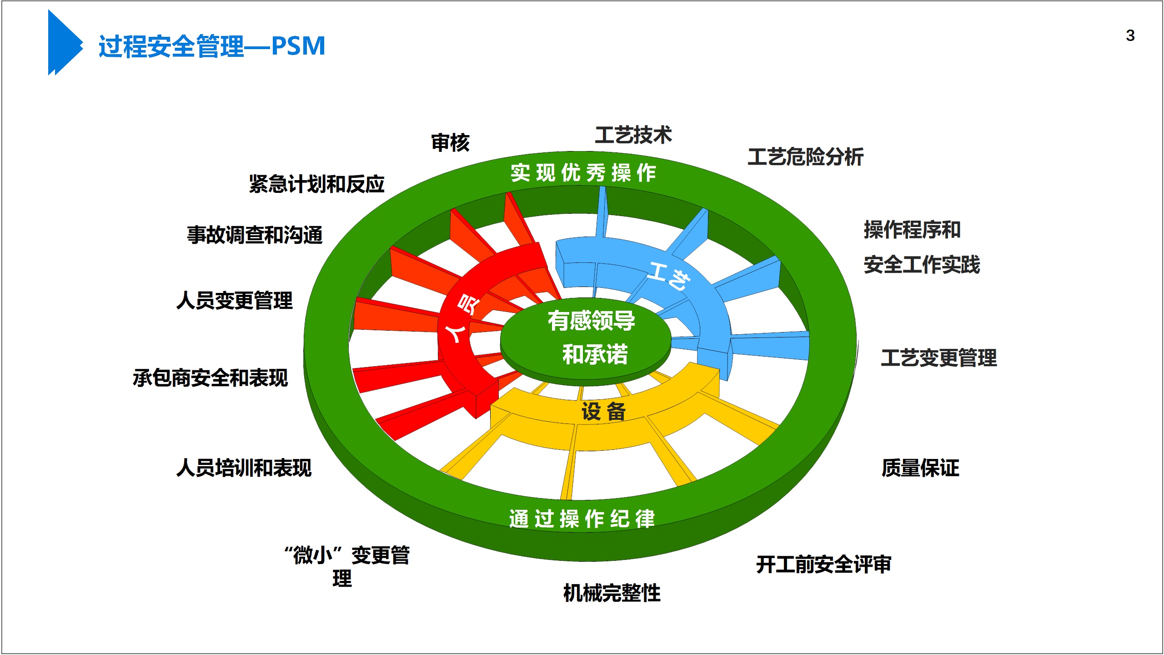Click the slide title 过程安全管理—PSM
click(x=212, y=46)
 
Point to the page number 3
click(x=1130, y=35)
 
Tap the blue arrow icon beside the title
click(x=64, y=43)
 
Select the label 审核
click(x=450, y=143)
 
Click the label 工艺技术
click(x=633, y=135)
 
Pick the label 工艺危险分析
click(x=805, y=157)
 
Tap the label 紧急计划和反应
click(x=316, y=184)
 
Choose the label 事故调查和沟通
click(x=255, y=235)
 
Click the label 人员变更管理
click(x=234, y=301)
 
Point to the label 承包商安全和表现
click(x=210, y=378)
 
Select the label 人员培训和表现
click(x=244, y=468)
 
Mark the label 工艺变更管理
click(x=938, y=358)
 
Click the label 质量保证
click(x=920, y=468)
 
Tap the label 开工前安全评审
click(x=823, y=564)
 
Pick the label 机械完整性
click(x=612, y=593)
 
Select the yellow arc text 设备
click(x=603, y=412)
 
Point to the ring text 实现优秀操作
click(x=583, y=173)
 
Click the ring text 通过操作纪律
click(x=582, y=519)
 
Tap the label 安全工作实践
click(x=922, y=265)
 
